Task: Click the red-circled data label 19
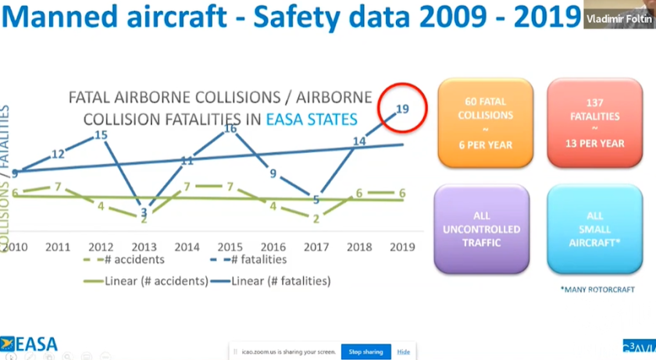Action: (x=403, y=109)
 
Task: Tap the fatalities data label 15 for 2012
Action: (x=100, y=135)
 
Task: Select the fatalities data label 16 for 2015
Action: (x=230, y=128)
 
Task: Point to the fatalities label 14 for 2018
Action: (x=360, y=141)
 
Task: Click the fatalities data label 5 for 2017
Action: (x=316, y=200)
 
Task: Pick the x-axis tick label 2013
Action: (x=144, y=246)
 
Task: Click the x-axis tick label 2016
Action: (x=273, y=246)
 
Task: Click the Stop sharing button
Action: (x=366, y=352)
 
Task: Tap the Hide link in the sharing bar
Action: (x=404, y=352)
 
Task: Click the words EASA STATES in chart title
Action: (x=312, y=119)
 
